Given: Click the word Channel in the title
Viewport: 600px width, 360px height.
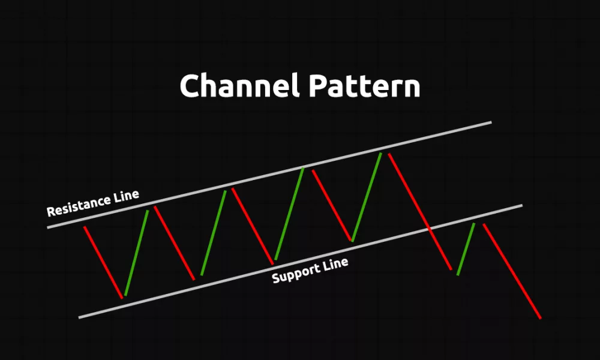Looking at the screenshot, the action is [x=239, y=85].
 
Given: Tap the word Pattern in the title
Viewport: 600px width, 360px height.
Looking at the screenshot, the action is [x=365, y=86].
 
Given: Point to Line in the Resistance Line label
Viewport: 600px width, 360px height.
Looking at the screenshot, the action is [x=126, y=196].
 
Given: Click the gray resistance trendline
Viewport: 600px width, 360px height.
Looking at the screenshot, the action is [x=269, y=175].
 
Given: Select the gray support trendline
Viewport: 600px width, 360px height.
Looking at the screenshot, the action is [x=301, y=261].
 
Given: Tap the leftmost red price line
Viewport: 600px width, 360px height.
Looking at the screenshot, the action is [x=103, y=262].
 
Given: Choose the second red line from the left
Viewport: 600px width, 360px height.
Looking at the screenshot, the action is [x=175, y=243].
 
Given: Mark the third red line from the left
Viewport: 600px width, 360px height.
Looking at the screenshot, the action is [x=253, y=226].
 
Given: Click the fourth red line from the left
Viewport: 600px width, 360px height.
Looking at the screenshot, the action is [x=332, y=205].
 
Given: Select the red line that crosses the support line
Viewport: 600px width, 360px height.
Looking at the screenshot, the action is [x=420, y=212].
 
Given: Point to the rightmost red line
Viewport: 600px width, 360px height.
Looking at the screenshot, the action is [x=512, y=271].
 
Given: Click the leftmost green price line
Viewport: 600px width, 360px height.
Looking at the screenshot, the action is [x=137, y=253].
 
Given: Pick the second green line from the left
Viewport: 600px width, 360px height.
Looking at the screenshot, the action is [x=214, y=233].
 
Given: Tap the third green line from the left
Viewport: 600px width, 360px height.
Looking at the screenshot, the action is [x=290, y=214].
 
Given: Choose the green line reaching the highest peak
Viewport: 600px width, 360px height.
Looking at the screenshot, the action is [x=367, y=197].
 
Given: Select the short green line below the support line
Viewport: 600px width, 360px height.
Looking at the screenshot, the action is [x=466, y=249].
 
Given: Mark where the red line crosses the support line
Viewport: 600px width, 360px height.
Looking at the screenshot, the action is [x=430, y=229].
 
